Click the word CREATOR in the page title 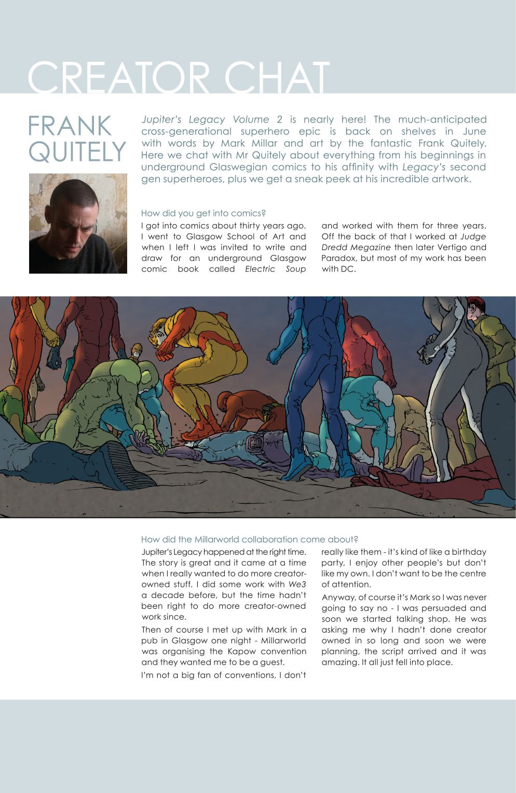coord(118,78)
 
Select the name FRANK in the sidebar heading coord(70,126)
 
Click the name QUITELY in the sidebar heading coord(77,152)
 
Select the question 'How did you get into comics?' coord(203,213)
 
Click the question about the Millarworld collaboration coord(249,539)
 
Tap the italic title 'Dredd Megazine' coord(356,248)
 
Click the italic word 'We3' coord(297,584)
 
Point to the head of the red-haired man coord(476,309)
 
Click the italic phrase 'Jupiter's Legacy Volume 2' coord(211,119)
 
